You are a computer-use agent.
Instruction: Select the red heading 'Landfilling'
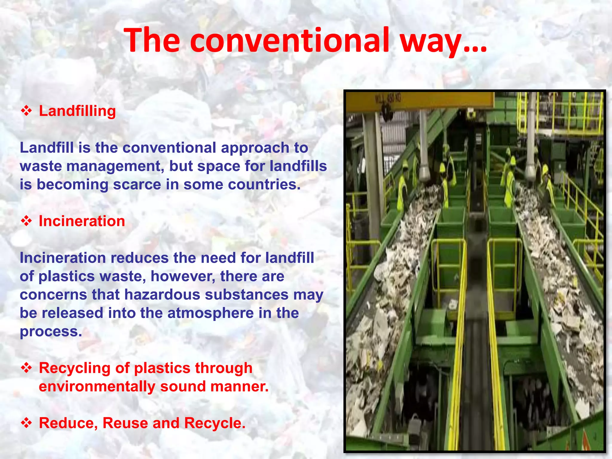click(77, 111)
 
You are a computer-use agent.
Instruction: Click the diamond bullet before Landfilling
click(26, 111)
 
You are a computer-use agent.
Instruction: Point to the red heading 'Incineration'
click(82, 221)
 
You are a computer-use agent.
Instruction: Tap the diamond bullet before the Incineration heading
click(26, 221)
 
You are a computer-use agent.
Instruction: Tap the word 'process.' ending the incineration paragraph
click(51, 332)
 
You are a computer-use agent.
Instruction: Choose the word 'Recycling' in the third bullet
click(75, 368)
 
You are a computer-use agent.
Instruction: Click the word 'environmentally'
click(97, 386)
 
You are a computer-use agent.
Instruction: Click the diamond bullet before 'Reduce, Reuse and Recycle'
click(26, 423)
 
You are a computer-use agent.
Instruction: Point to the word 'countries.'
click(264, 184)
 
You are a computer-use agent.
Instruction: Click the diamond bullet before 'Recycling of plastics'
click(26, 368)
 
